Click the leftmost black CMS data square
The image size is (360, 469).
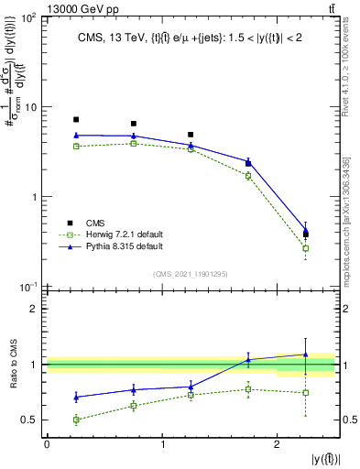(x=76, y=120)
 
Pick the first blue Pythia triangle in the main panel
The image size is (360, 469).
(x=76, y=136)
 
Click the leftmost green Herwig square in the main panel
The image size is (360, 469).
(x=76, y=147)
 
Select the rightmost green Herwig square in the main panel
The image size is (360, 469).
(x=305, y=248)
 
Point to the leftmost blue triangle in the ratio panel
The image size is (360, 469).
(x=76, y=398)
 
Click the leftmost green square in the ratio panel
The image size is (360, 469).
(x=76, y=420)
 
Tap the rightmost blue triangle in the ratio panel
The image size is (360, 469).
(x=305, y=354)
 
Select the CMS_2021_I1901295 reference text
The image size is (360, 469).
(x=189, y=274)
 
